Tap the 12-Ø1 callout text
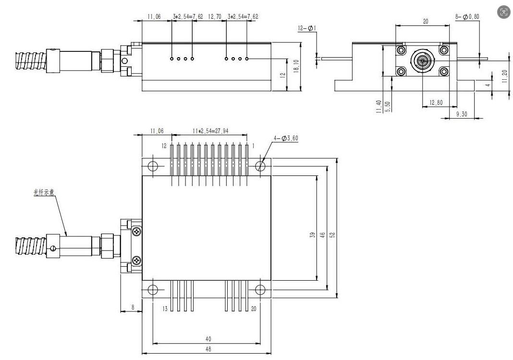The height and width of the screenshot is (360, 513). pyautogui.click(x=305, y=28)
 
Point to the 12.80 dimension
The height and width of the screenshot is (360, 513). pyautogui.click(x=436, y=102)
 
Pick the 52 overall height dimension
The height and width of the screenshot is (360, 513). pyautogui.click(x=332, y=234)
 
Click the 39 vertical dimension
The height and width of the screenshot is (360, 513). pyautogui.click(x=312, y=234)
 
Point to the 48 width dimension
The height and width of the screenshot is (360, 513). pyautogui.click(x=208, y=349)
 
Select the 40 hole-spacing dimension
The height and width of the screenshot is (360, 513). pyautogui.click(x=208, y=338)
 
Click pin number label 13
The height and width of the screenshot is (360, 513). pyautogui.click(x=165, y=309)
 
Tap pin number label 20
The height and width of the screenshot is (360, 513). pyautogui.click(x=254, y=309)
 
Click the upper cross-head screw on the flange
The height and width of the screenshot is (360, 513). pyautogui.click(x=137, y=232)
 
